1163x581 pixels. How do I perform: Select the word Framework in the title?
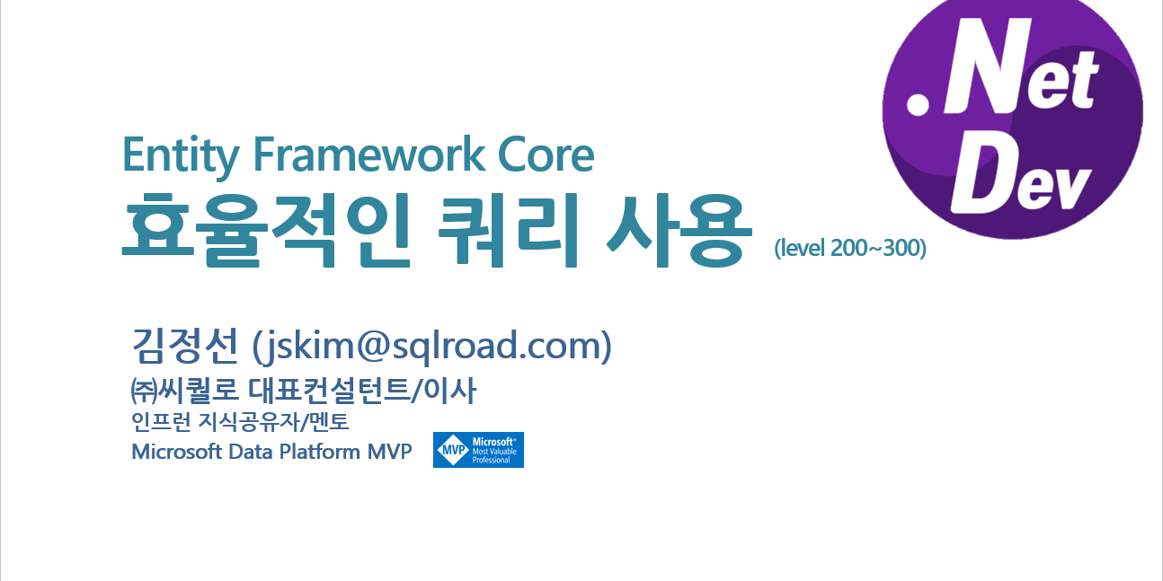(368, 154)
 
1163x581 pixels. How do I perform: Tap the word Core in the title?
(546, 154)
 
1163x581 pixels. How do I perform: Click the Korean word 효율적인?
(267, 230)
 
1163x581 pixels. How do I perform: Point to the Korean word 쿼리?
(508, 230)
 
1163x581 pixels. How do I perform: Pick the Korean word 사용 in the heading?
(679, 230)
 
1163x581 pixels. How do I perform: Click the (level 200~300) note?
(850, 248)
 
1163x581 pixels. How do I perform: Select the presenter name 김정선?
(185, 345)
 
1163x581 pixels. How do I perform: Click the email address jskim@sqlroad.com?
(432, 346)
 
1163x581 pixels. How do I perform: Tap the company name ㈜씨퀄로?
(185, 390)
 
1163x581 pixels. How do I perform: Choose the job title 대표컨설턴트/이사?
(362, 390)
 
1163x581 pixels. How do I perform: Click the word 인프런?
(161, 422)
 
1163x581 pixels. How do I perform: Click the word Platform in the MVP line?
(319, 452)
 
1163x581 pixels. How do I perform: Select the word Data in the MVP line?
(250, 452)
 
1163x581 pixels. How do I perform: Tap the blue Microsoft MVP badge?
(478, 450)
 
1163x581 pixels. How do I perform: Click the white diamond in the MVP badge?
(453, 450)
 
